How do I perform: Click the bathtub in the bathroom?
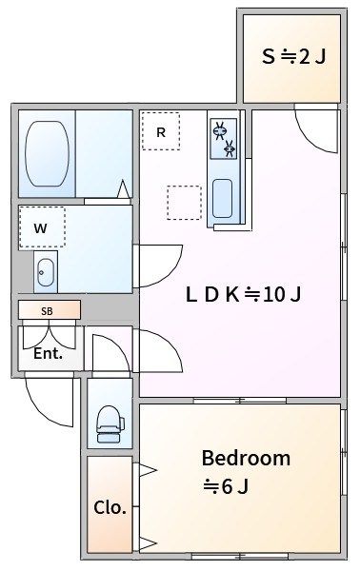[47, 153]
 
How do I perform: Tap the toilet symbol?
[110, 424]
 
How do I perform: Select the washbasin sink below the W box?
[46, 272]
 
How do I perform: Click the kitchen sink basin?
[222, 199]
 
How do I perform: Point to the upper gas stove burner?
[219, 130]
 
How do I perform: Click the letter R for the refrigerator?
[161, 132]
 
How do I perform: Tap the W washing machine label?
[40, 228]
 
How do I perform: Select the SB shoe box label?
[47, 311]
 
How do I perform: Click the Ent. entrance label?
[49, 353]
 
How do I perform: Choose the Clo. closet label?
[110, 507]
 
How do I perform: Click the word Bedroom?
[246, 458]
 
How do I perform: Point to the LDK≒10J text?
[244, 294]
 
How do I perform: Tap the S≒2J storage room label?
[293, 57]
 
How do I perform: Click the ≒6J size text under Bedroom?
[226, 486]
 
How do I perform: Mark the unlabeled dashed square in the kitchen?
[185, 203]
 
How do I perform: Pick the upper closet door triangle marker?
[148, 470]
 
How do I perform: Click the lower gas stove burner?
[229, 148]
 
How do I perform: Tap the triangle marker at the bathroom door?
[124, 189]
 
